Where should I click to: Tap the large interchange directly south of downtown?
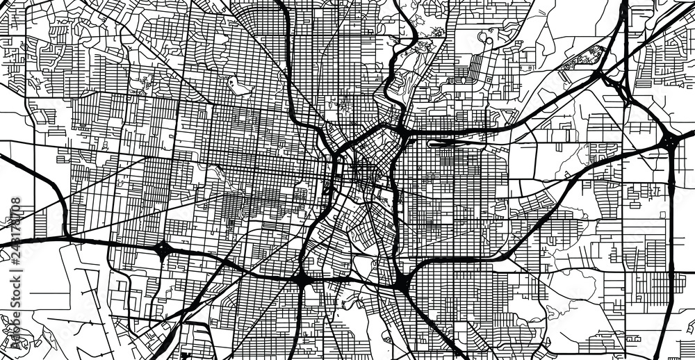303,280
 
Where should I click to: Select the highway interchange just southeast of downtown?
402,282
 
